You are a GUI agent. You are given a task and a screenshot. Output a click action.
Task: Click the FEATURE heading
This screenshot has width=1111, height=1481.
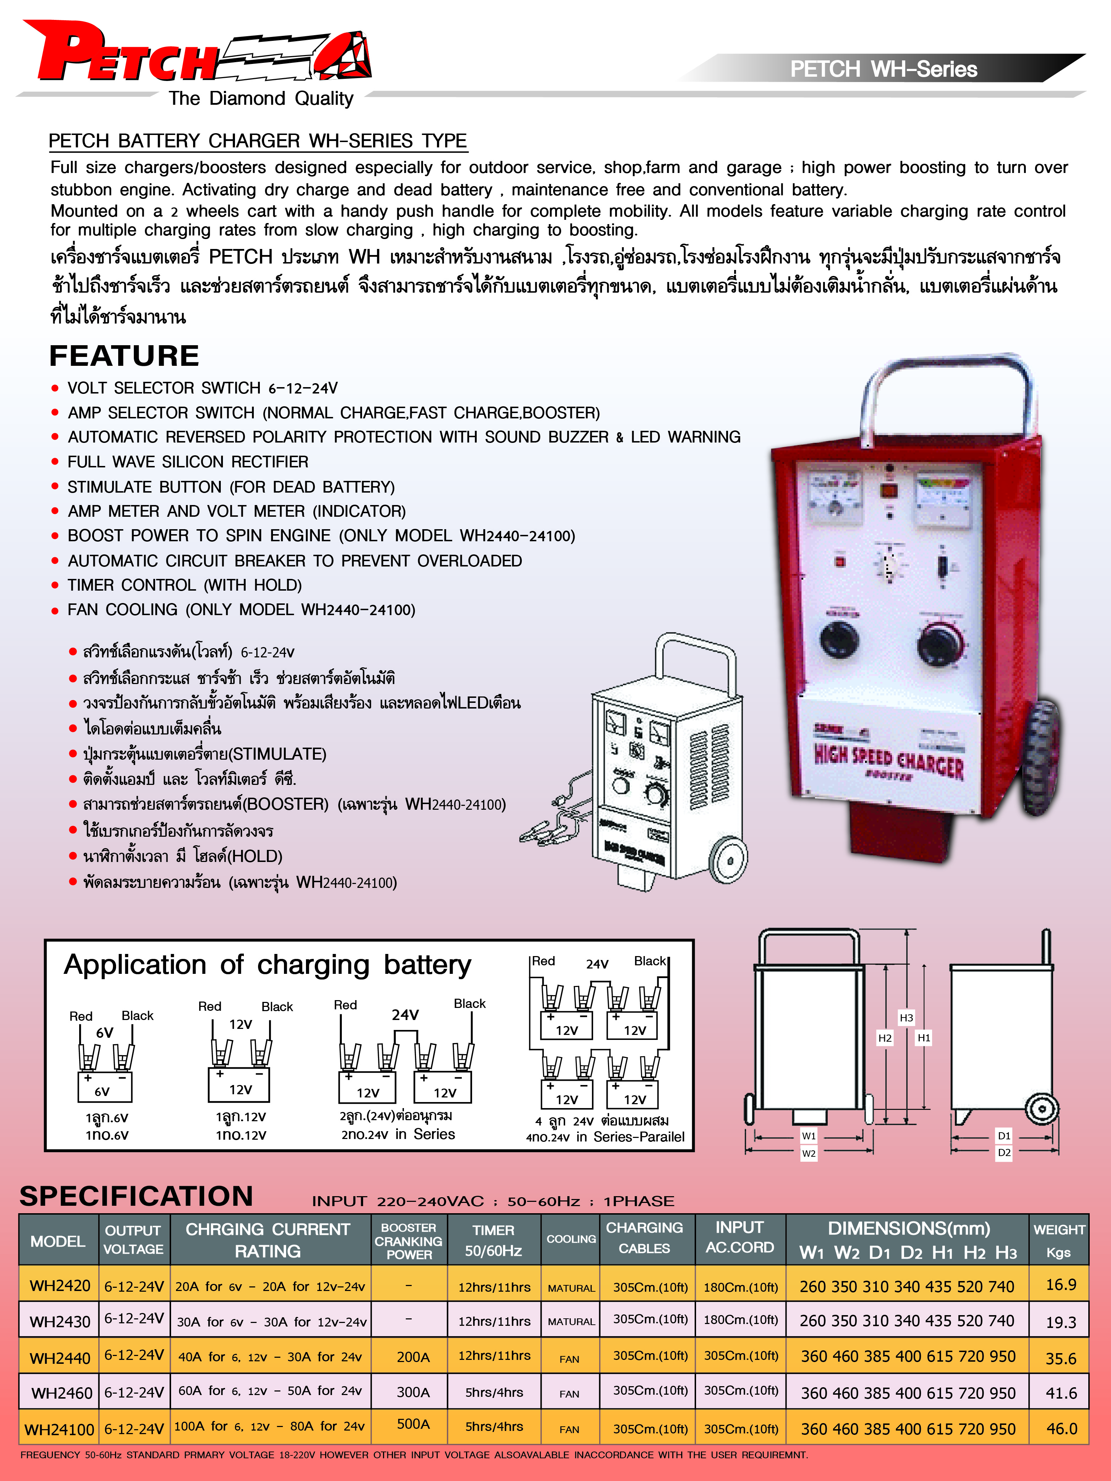(125, 356)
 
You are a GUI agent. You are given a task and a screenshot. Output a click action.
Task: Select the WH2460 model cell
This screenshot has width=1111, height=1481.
(61, 1393)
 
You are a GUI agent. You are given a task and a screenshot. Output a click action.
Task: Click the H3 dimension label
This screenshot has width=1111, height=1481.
(906, 1018)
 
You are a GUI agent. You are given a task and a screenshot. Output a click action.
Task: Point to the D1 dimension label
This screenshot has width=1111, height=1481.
(1004, 1135)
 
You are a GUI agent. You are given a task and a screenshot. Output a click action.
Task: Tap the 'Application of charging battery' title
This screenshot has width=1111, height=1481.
(268, 965)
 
